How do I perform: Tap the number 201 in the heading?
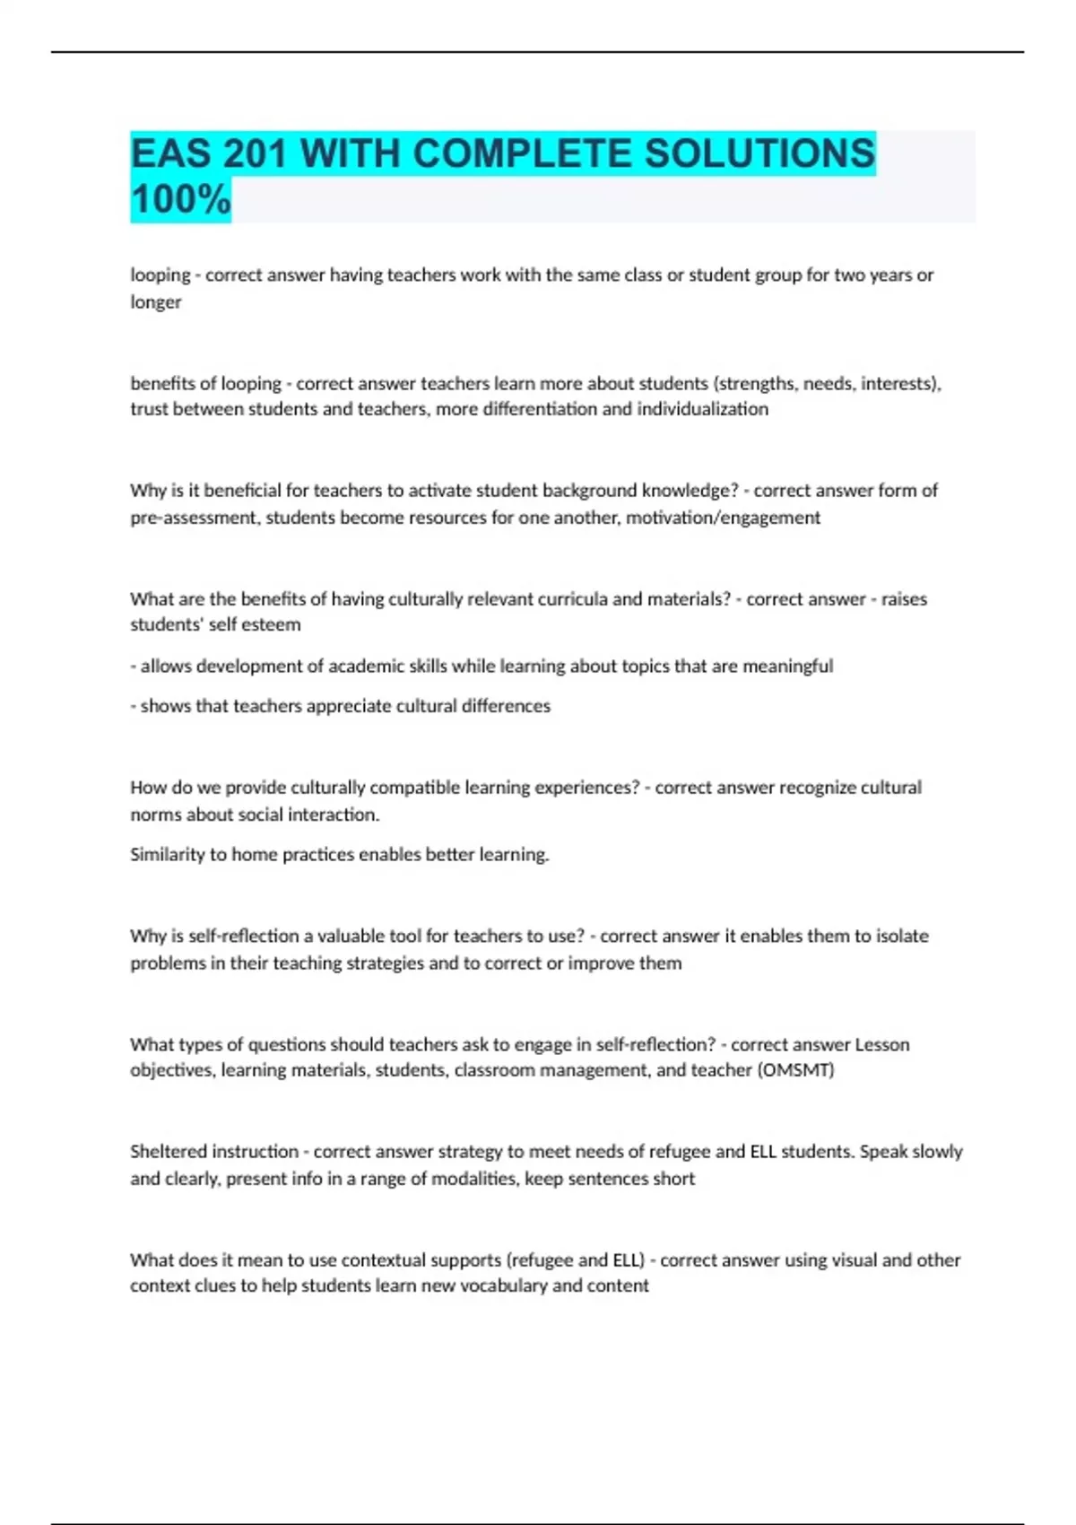click(255, 153)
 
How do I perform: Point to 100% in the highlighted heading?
click(180, 199)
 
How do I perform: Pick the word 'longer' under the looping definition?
click(156, 302)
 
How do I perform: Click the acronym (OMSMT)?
click(796, 1070)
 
